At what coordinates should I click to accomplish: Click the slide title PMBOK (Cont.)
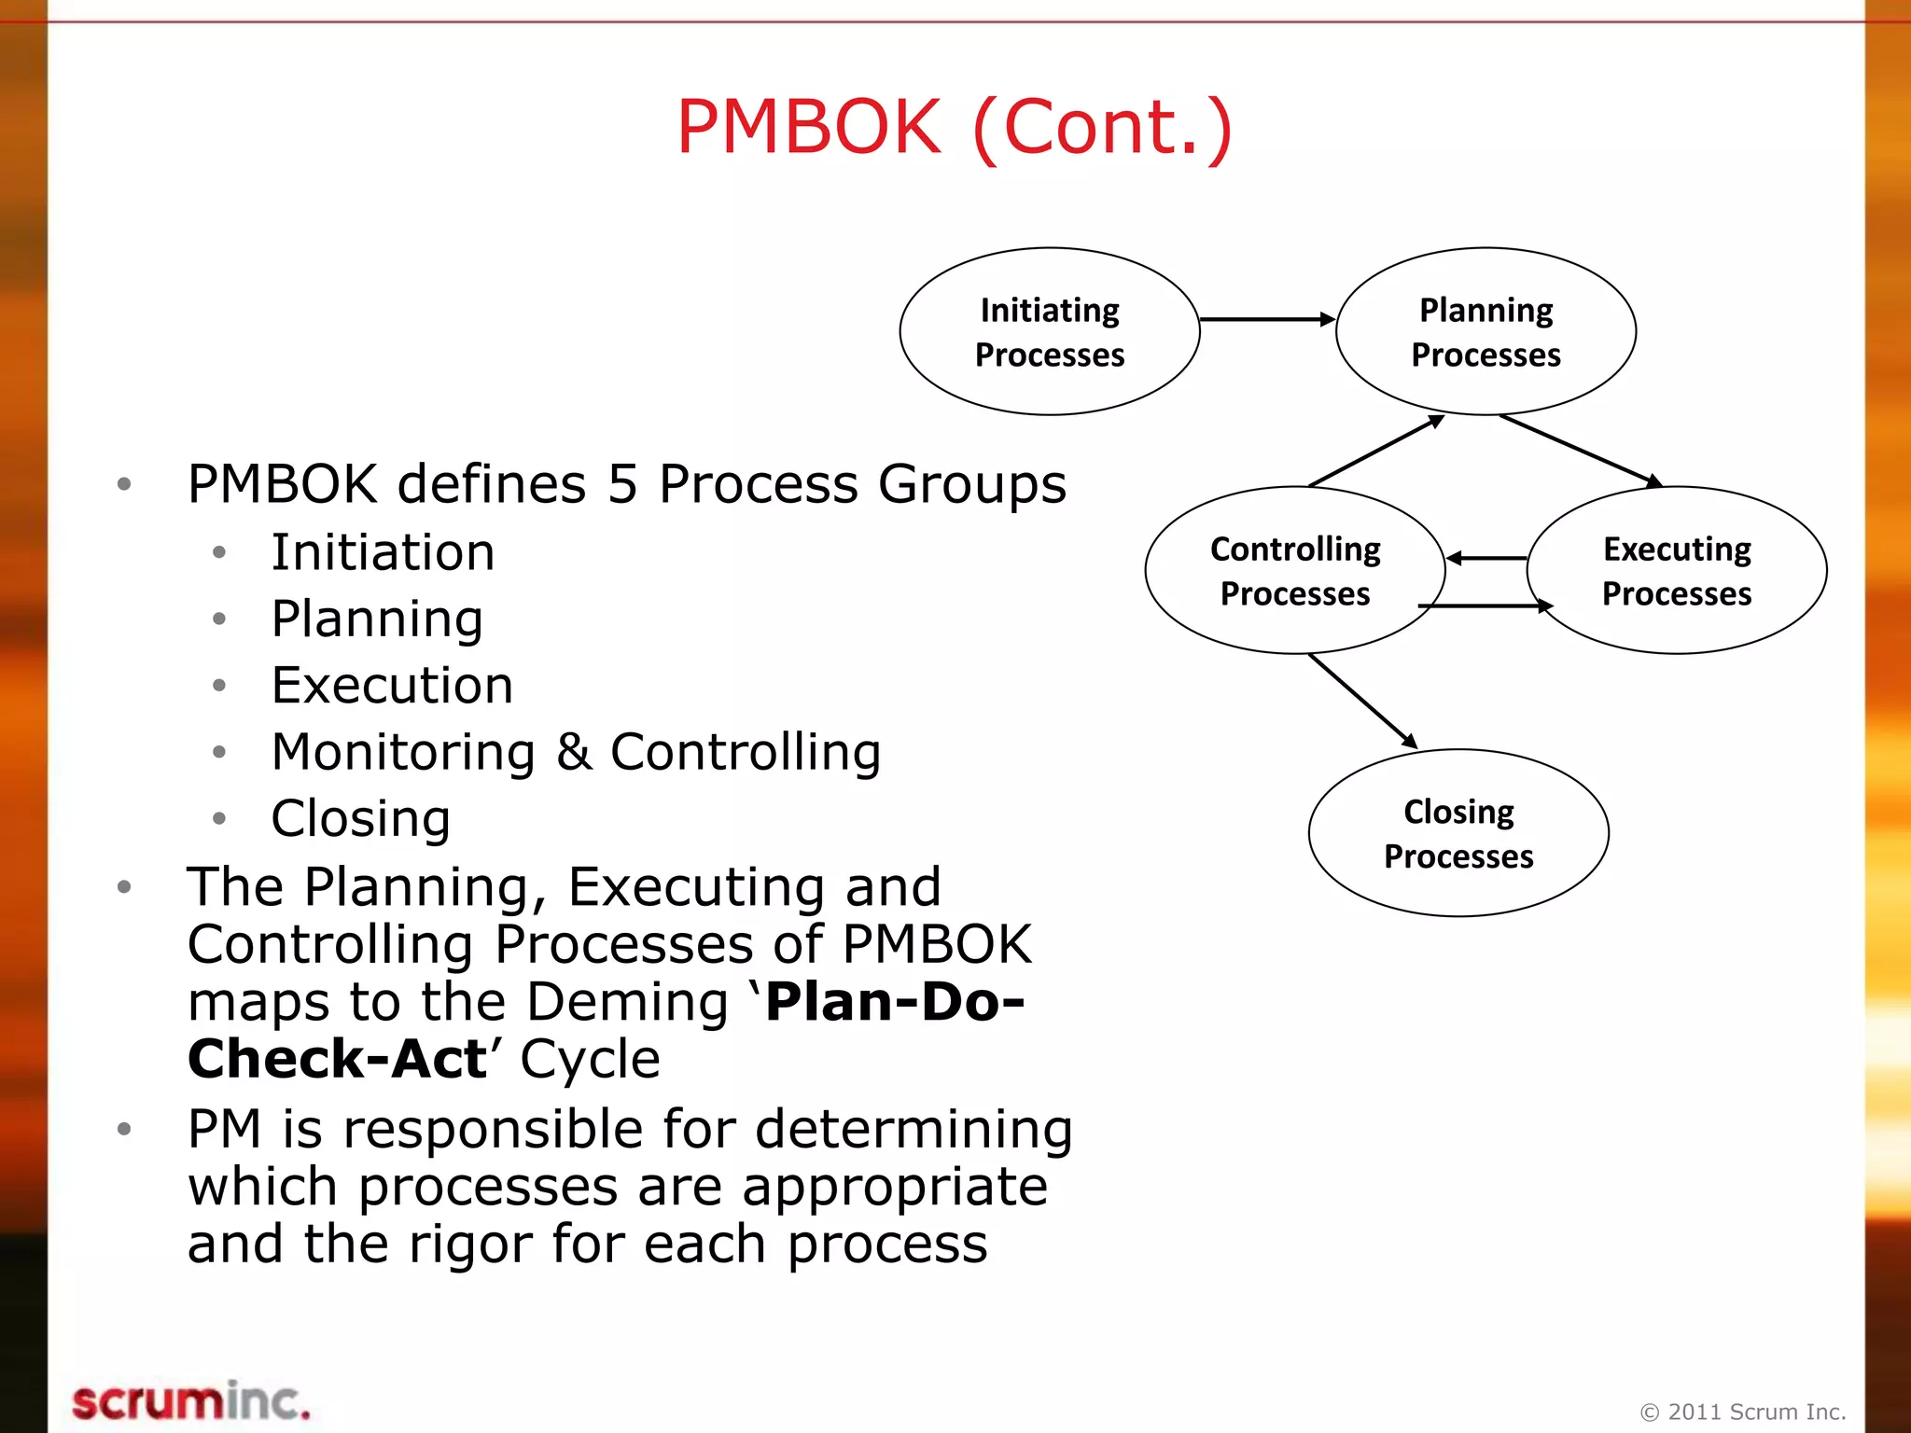pos(955,128)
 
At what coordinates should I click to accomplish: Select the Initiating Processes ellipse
pos(1049,331)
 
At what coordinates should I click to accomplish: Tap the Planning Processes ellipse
pos(1486,331)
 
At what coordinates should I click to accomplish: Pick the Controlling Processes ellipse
pos(1294,570)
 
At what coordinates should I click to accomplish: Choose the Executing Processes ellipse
pos(1676,570)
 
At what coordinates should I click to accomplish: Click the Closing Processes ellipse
pos(1458,833)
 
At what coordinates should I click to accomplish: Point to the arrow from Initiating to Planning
pos(1266,319)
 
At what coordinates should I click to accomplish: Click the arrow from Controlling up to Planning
pos(1376,451)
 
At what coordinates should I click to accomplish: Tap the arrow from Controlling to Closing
pos(1362,701)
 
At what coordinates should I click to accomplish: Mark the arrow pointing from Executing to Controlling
pos(1486,558)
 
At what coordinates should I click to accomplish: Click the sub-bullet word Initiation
pos(383,552)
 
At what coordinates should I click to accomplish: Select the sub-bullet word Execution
pos(392,686)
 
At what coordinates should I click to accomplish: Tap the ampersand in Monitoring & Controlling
pos(574,752)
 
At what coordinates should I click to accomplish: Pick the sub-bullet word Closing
pos(361,819)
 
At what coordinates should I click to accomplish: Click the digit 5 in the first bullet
pos(622,484)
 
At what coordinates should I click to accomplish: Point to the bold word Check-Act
pos(337,1060)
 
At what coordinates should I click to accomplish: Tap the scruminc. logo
pos(190,1402)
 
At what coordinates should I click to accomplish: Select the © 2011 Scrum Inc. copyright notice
pos(1742,1412)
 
